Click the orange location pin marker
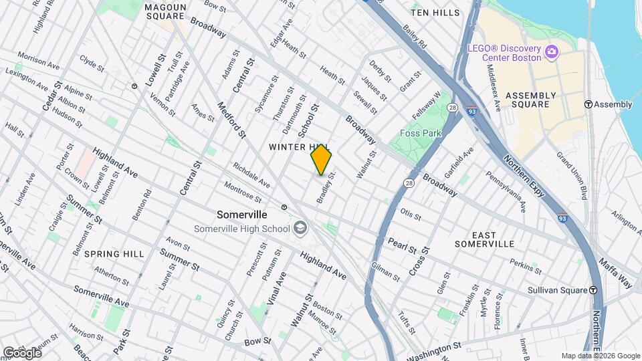(x=321, y=160)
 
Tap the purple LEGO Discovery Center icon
(x=552, y=52)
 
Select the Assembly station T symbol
(x=588, y=104)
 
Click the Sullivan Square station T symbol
(x=593, y=289)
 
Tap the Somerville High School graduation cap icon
(x=300, y=229)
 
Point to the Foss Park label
(x=421, y=133)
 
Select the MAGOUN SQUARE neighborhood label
(x=165, y=11)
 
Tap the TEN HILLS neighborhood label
(x=435, y=13)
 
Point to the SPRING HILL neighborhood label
(x=114, y=254)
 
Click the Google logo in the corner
(x=22, y=352)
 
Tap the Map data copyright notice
(x=600, y=356)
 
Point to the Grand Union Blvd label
(x=572, y=176)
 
